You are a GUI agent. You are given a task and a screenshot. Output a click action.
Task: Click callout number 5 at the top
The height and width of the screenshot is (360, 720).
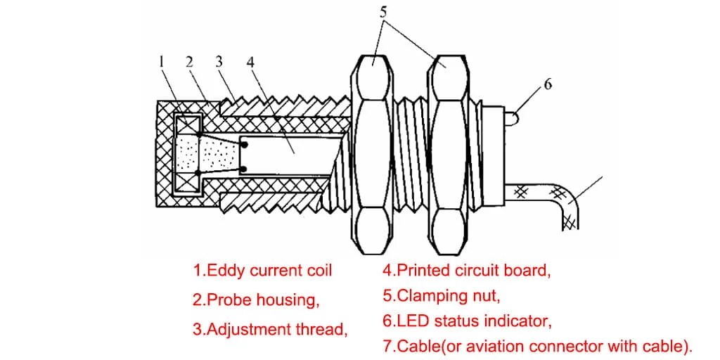coord(382,11)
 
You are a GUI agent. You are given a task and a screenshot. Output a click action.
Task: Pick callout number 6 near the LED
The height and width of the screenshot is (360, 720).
coord(548,84)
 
